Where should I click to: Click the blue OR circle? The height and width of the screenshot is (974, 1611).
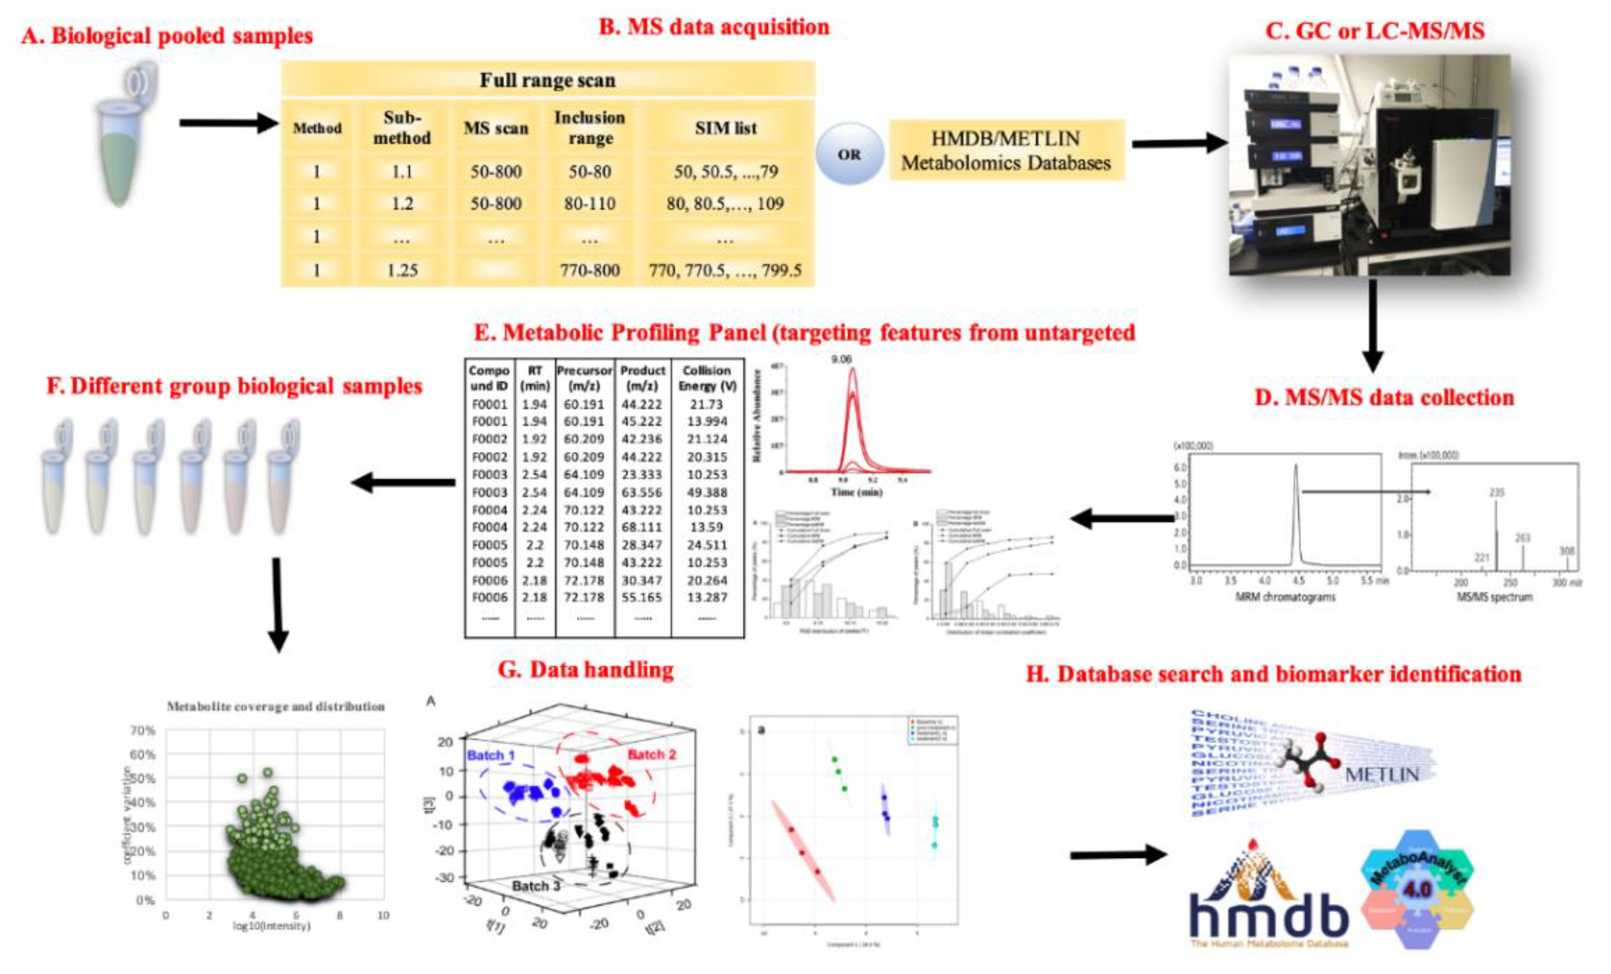click(849, 154)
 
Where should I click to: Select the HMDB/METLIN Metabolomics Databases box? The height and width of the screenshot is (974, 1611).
click(1006, 151)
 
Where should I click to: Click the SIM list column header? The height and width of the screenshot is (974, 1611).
click(725, 127)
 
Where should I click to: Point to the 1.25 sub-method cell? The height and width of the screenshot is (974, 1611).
click(401, 270)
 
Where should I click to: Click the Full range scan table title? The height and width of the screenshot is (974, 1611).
click(547, 80)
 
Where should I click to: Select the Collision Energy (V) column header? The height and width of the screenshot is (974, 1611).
click(707, 378)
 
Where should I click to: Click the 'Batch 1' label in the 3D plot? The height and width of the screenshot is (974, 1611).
click(490, 755)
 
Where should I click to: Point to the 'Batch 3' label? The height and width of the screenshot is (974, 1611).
click(536, 886)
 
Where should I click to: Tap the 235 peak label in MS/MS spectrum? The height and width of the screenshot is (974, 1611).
click(1497, 492)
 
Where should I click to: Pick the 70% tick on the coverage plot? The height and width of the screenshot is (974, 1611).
click(142, 730)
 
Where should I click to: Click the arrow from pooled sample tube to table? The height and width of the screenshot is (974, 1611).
click(229, 122)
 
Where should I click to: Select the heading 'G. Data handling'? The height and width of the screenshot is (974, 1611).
click(586, 669)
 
